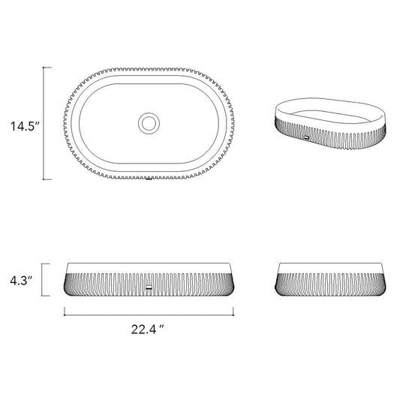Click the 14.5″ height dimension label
tap(25, 126)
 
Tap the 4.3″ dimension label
tap(22, 281)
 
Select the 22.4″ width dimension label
tap(147, 329)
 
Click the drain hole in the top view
tap(149, 124)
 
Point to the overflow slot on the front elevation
tap(149, 287)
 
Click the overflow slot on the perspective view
tap(306, 138)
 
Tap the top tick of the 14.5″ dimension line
tap(47, 68)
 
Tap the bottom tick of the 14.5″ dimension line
tap(47, 179)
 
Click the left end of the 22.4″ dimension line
tap(65, 315)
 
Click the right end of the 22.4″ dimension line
tap(233, 315)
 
